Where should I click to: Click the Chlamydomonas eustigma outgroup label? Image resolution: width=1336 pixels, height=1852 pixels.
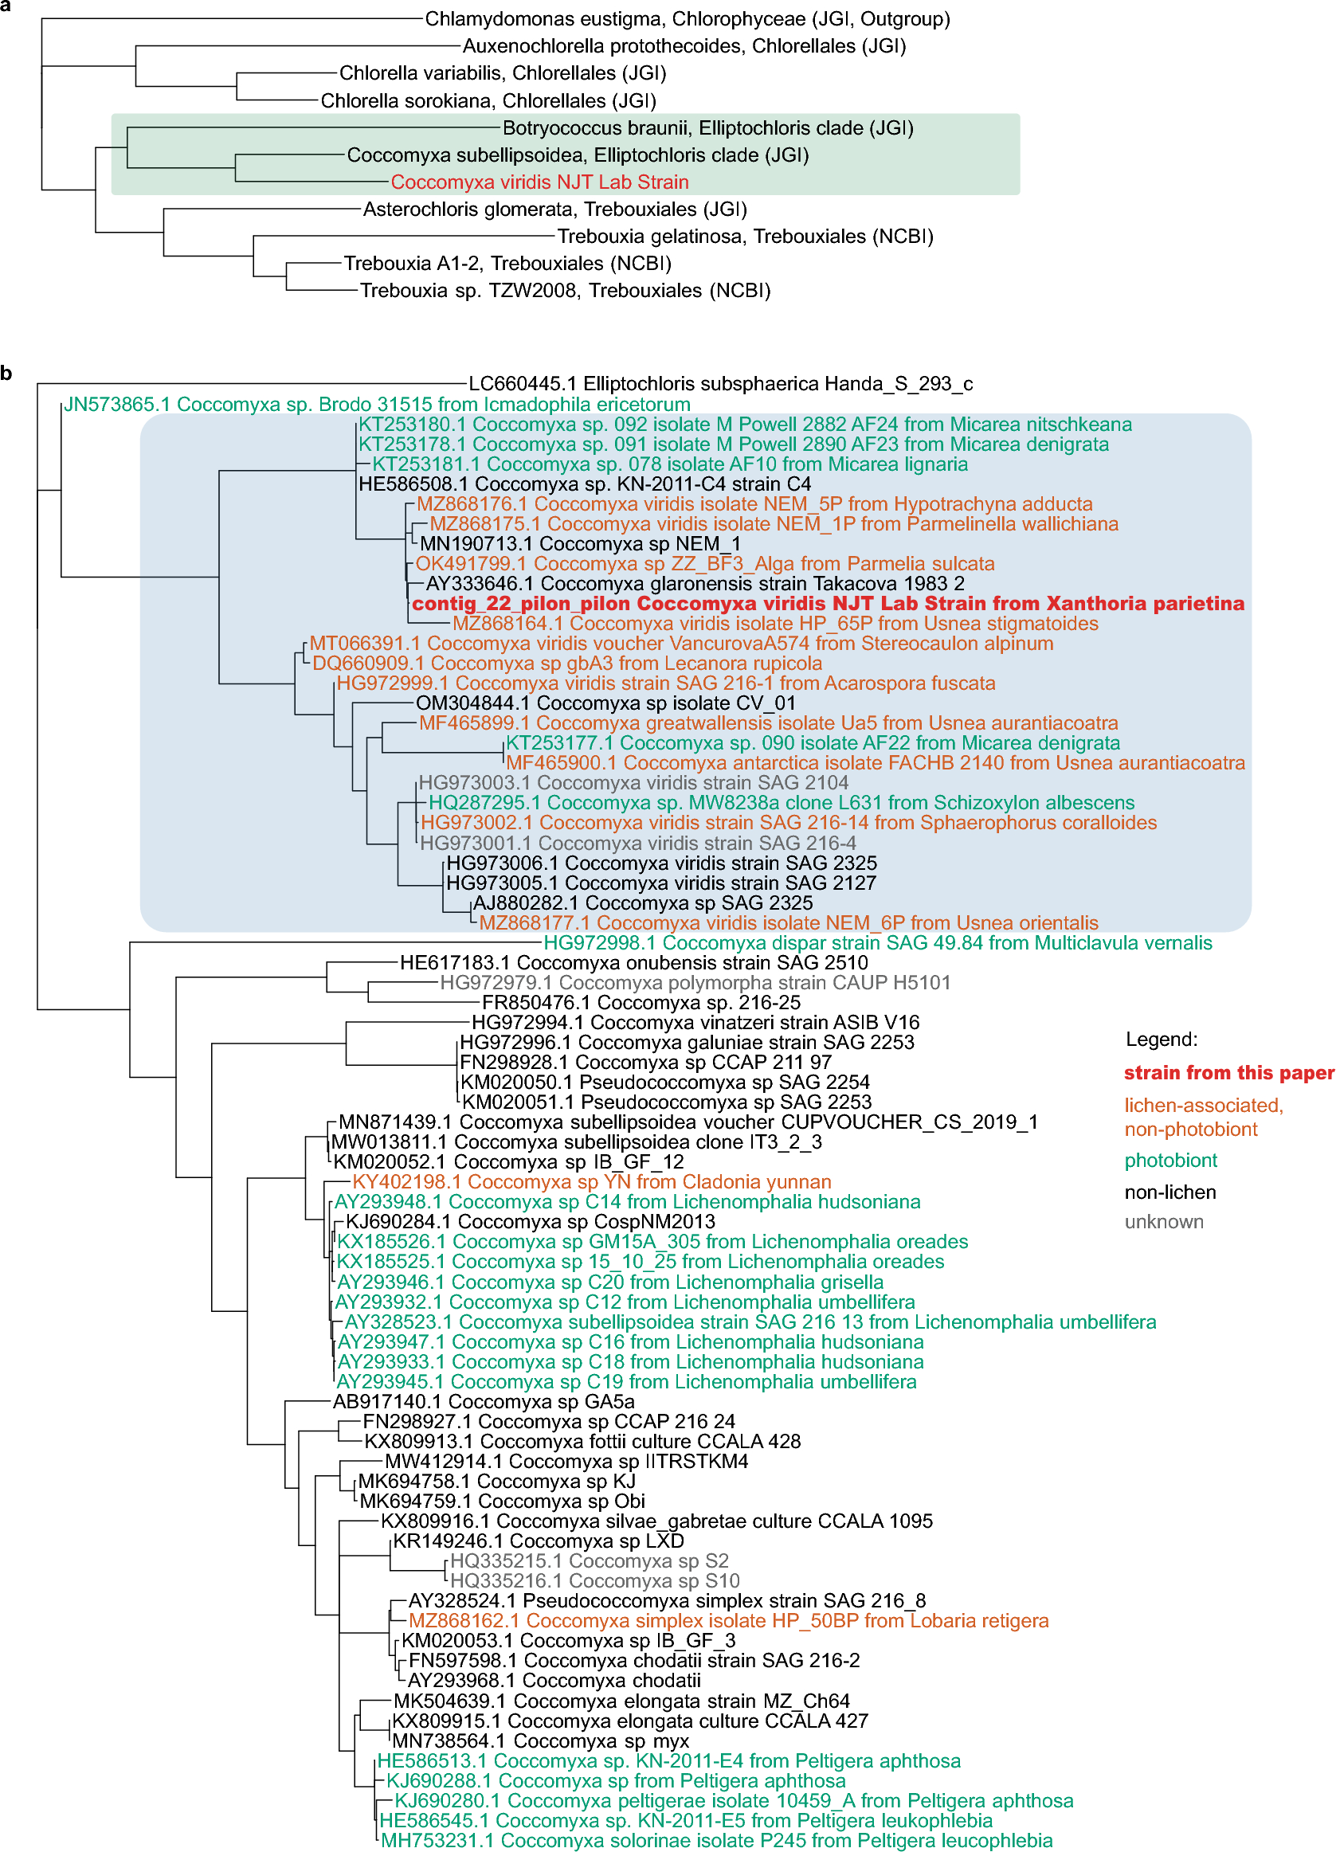point(687,19)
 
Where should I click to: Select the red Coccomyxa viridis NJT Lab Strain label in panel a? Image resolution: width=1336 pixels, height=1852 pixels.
point(539,182)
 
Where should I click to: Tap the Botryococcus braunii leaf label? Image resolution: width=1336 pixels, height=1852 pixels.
point(707,128)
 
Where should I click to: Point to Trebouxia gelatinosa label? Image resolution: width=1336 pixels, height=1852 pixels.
point(745,237)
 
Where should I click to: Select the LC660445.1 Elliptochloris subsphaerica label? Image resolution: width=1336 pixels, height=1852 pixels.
point(720,384)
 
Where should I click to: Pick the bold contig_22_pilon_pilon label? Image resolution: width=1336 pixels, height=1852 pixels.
point(828,604)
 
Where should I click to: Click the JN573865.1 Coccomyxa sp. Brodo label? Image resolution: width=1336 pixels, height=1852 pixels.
point(378,405)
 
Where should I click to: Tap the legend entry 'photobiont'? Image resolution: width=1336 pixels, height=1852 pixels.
point(1170,1161)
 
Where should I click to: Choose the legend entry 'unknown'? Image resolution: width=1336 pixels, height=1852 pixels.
point(1164,1222)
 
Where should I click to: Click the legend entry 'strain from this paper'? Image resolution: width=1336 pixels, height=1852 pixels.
point(1229,1073)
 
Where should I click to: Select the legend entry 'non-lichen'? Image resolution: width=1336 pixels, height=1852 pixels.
point(1169,1192)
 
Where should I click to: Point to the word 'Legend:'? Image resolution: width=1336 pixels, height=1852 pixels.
point(1162,1040)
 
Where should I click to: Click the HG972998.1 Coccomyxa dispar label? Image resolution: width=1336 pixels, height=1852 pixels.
point(878,943)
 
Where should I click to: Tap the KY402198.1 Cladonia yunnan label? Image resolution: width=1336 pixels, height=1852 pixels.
point(592,1181)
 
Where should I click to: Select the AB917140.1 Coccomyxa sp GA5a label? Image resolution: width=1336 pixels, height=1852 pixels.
point(484,1402)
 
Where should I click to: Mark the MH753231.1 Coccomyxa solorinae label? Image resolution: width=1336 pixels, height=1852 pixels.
point(717,1841)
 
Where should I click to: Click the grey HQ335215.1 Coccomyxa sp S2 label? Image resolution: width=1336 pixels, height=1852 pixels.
point(590,1561)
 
